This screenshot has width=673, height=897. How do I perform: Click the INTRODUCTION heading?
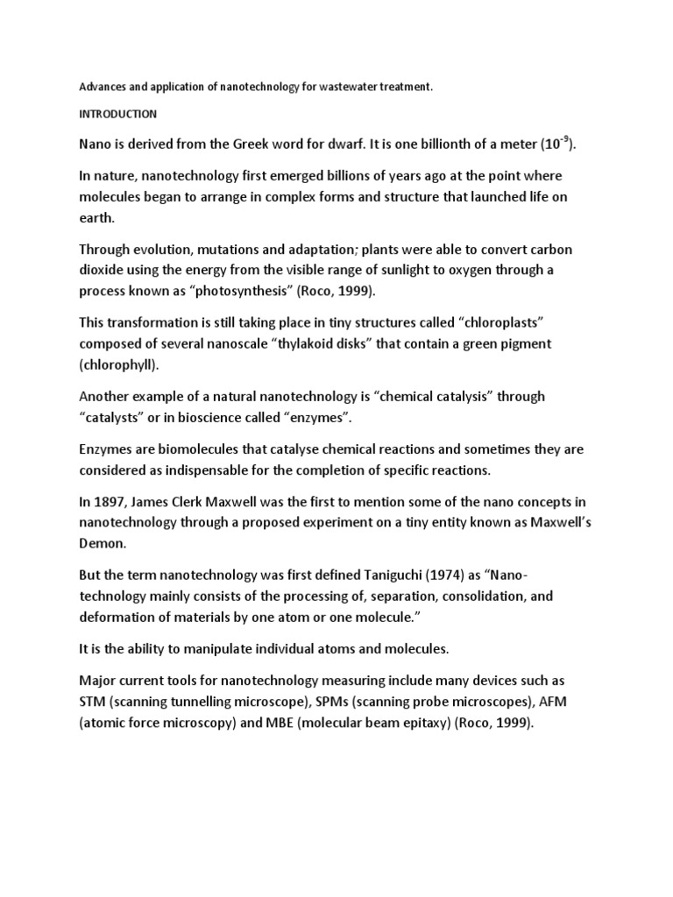click(118, 114)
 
